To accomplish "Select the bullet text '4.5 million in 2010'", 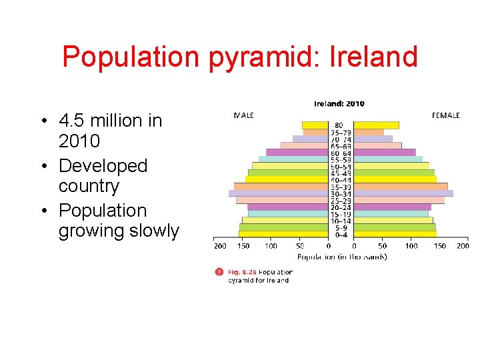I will [109, 131].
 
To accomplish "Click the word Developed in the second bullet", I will [103, 165].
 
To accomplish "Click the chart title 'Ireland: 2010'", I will [339, 103].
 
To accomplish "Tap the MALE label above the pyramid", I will [243, 115].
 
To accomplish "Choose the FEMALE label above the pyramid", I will [445, 115].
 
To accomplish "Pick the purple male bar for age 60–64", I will [297, 152].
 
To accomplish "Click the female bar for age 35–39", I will [400, 187].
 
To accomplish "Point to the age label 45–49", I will [341, 173].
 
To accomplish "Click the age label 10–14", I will [341, 221].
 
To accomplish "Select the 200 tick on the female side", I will [463, 246].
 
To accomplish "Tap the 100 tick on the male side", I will [271, 246].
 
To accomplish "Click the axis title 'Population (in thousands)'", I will [341, 257].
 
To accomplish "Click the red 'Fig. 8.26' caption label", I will [242, 272].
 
